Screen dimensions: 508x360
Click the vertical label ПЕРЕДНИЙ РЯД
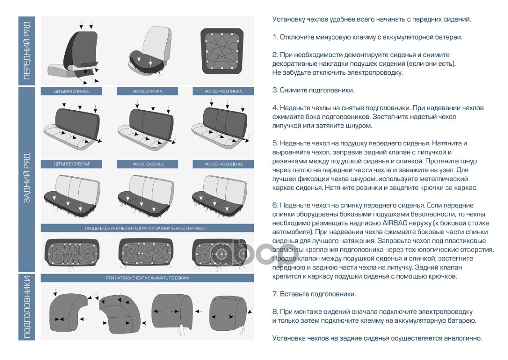pos(27,50)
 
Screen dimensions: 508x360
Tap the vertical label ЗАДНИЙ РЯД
pos(27,178)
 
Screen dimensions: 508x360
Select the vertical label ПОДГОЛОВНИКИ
pos(27,307)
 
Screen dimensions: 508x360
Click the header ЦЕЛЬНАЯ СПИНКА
pos(71,91)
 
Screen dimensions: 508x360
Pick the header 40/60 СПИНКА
pos(147,91)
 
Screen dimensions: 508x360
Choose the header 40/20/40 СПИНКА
pos(223,91)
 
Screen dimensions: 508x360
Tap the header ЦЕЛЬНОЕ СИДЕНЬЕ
pos(71,164)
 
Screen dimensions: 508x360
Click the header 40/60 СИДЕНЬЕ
pos(147,164)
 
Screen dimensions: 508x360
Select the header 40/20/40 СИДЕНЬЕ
pos(223,164)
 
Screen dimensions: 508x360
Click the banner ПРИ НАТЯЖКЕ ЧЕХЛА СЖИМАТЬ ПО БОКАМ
pos(147,278)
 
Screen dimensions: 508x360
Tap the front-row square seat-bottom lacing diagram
pos(222,51)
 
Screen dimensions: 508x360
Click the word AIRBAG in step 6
pos(394,223)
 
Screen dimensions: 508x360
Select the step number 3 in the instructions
pos(275,90)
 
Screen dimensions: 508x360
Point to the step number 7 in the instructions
pos(275,294)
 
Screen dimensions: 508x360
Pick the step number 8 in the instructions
pos(275,312)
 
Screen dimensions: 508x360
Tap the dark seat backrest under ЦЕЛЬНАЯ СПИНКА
pos(77,123)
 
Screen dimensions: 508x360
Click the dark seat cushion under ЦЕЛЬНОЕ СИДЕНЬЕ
pos(70,201)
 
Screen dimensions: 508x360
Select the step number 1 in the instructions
pos(274,37)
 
